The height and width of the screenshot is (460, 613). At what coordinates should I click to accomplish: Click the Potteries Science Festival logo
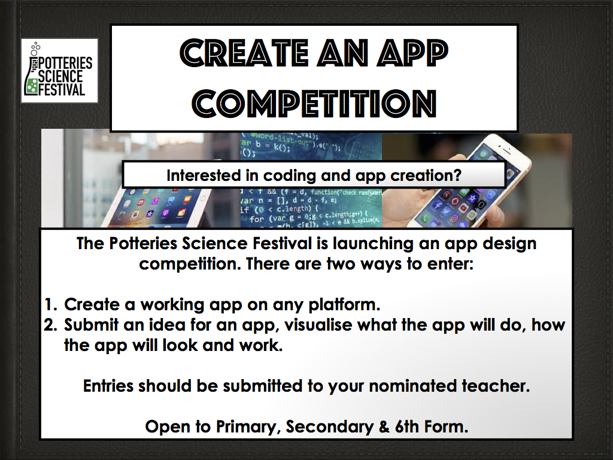(x=59, y=71)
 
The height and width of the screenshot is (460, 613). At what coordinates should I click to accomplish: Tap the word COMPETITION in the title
(x=314, y=104)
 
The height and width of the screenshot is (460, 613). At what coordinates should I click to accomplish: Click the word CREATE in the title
(x=244, y=53)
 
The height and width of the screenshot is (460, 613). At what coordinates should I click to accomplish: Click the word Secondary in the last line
(x=330, y=426)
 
